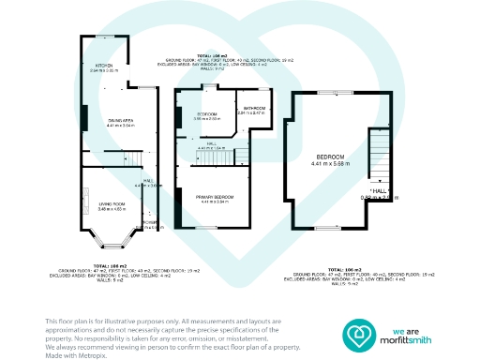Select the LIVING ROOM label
pyautogui.click(x=112, y=203)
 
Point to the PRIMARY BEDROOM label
pyautogui.click(x=215, y=196)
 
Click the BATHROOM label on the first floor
pyautogui.click(x=253, y=109)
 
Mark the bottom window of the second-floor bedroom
pyautogui.click(x=328, y=228)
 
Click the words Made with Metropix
pyautogui.click(x=74, y=353)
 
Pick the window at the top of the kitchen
pyautogui.click(x=103, y=37)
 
